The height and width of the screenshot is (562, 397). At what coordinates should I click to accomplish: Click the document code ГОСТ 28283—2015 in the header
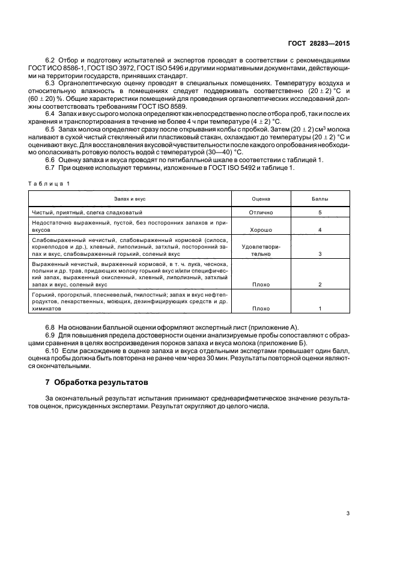326,44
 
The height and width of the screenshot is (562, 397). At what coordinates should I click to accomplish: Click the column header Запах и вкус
130,198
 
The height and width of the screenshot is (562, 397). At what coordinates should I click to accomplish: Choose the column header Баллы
320,198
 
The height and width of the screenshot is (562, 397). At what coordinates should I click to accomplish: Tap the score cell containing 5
320,213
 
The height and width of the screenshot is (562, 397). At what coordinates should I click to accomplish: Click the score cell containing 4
320,230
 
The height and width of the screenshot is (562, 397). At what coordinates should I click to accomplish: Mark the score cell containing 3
320,254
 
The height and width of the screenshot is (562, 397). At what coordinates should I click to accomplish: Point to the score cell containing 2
320,284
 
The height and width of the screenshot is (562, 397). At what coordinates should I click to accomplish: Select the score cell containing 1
320,308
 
